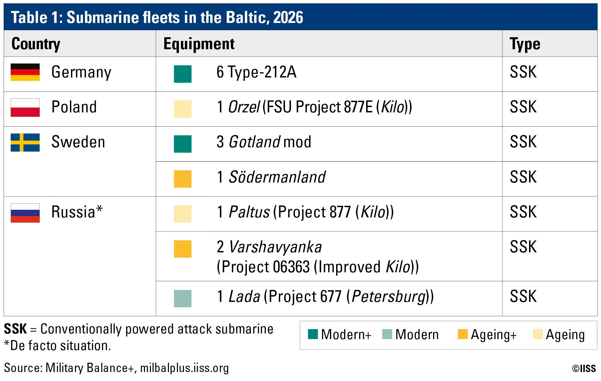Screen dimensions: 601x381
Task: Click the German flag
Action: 25,72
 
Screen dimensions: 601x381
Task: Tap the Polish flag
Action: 25,107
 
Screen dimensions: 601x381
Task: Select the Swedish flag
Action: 25,142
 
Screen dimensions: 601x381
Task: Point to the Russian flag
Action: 25,213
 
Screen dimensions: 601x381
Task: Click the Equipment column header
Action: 199,44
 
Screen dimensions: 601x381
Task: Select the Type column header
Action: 525,44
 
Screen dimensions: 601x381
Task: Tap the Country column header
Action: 36,44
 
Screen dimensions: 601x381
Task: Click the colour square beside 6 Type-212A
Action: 183,74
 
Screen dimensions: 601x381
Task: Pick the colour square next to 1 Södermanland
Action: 183,179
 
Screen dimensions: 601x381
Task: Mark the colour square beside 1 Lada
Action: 183,298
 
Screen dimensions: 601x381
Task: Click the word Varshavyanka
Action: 276,247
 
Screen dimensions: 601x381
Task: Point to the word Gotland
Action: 255,142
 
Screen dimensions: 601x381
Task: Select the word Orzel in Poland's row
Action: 244,107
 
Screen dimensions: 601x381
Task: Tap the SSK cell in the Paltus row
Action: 523,212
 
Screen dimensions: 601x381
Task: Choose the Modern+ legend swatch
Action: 313,334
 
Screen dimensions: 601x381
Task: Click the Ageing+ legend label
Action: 494,334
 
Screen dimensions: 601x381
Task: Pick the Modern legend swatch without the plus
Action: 387,334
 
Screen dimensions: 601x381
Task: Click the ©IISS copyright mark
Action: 584,368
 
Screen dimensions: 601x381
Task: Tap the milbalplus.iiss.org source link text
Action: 185,368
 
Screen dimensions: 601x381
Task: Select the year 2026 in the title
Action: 288,17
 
